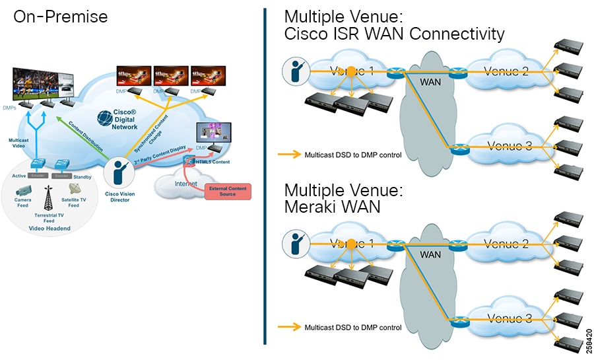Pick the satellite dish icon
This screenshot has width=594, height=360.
click(x=74, y=189)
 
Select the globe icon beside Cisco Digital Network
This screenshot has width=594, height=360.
click(x=106, y=118)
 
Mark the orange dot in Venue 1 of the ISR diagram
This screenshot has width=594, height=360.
click(x=351, y=71)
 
